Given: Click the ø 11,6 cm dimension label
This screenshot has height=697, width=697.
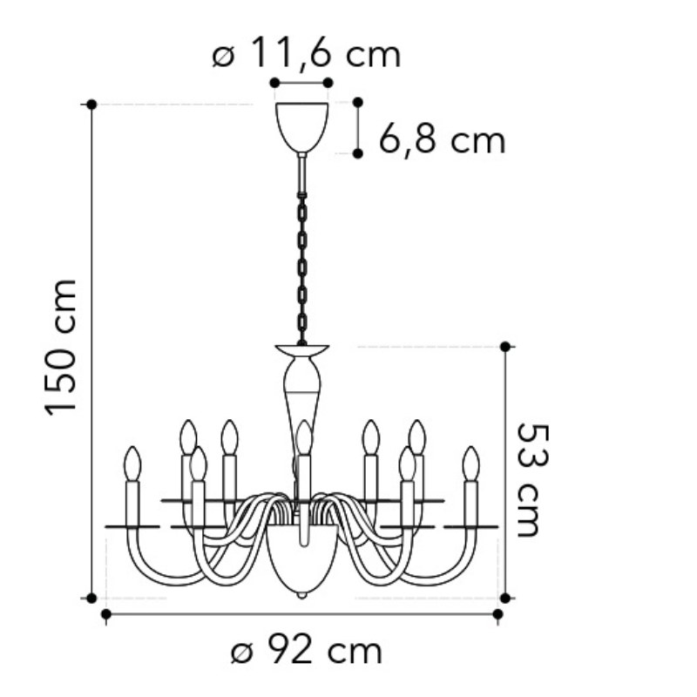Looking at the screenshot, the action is pyautogui.click(x=307, y=52).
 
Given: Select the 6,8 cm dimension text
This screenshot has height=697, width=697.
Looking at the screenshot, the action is pyautogui.click(x=443, y=139).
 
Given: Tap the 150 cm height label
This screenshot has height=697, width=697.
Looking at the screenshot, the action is pyautogui.click(x=61, y=348).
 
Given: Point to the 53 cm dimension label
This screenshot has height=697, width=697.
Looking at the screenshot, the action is pyautogui.click(x=532, y=480).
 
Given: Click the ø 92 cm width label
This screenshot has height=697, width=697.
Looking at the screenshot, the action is pyautogui.click(x=307, y=650).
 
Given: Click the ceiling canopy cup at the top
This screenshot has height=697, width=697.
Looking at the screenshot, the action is pyautogui.click(x=301, y=127).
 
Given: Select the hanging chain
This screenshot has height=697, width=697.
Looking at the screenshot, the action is pyautogui.click(x=302, y=268).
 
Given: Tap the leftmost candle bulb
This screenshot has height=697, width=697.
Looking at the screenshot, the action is pyautogui.click(x=132, y=464).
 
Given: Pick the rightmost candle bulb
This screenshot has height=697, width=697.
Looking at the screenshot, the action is pyautogui.click(x=470, y=464).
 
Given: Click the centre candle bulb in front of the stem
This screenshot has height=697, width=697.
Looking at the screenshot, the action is pyautogui.click(x=304, y=437).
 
